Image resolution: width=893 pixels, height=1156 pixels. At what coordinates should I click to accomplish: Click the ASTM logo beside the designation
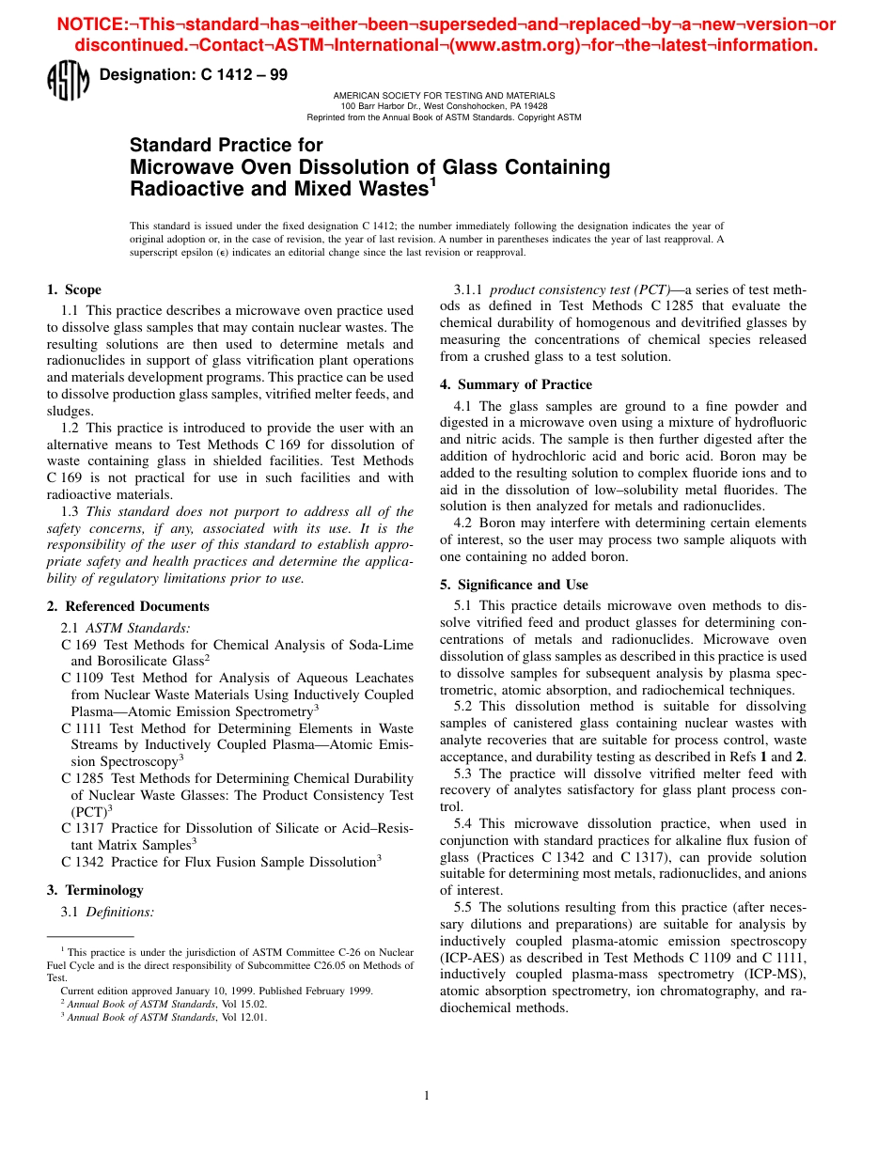(x=67, y=79)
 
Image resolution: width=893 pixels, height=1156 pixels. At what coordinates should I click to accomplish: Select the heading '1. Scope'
(x=74, y=289)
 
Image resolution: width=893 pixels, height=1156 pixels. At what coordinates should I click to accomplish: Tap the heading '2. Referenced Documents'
(x=128, y=606)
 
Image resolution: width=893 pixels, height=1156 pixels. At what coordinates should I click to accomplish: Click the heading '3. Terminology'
(x=95, y=890)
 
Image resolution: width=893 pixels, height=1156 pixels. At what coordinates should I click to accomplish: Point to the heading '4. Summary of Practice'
(x=515, y=384)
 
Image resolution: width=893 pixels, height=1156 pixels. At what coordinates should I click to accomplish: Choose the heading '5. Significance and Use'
(x=513, y=585)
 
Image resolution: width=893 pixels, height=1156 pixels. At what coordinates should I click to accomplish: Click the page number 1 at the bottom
(x=427, y=1095)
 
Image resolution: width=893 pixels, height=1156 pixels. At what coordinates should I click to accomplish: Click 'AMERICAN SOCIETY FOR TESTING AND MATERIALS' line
(x=444, y=96)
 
